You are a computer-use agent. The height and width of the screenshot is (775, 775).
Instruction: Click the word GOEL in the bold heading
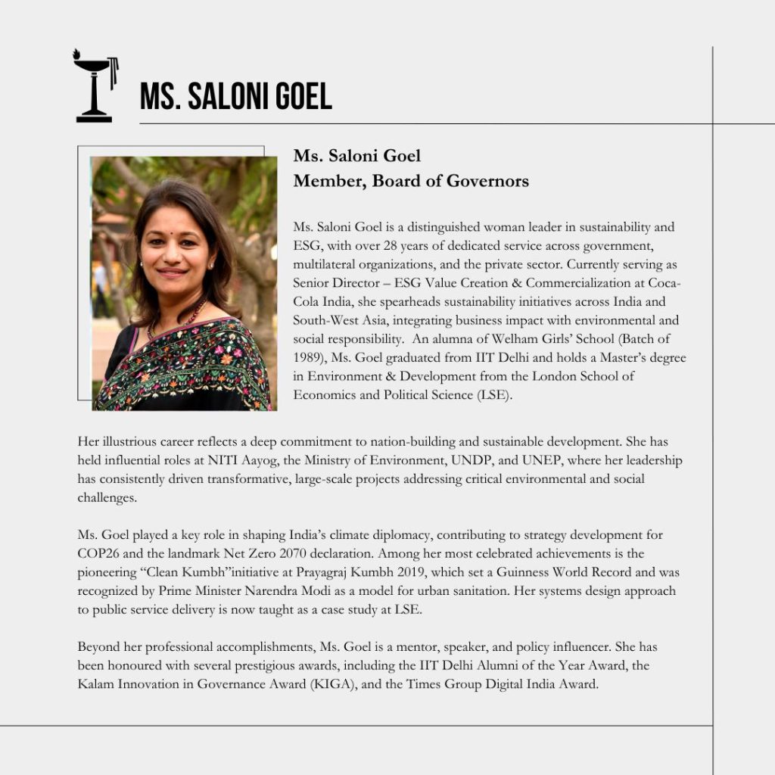(x=297, y=97)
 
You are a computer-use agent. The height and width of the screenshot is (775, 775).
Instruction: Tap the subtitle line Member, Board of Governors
(x=411, y=181)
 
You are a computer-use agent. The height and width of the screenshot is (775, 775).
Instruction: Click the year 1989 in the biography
(x=308, y=357)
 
